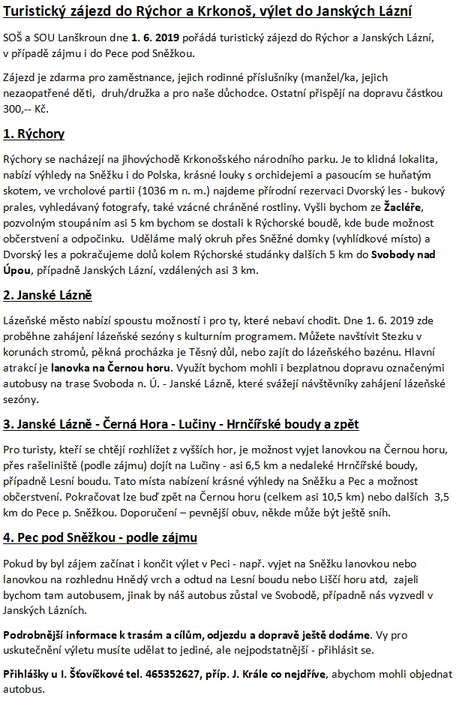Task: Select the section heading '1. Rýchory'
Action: (34, 135)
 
